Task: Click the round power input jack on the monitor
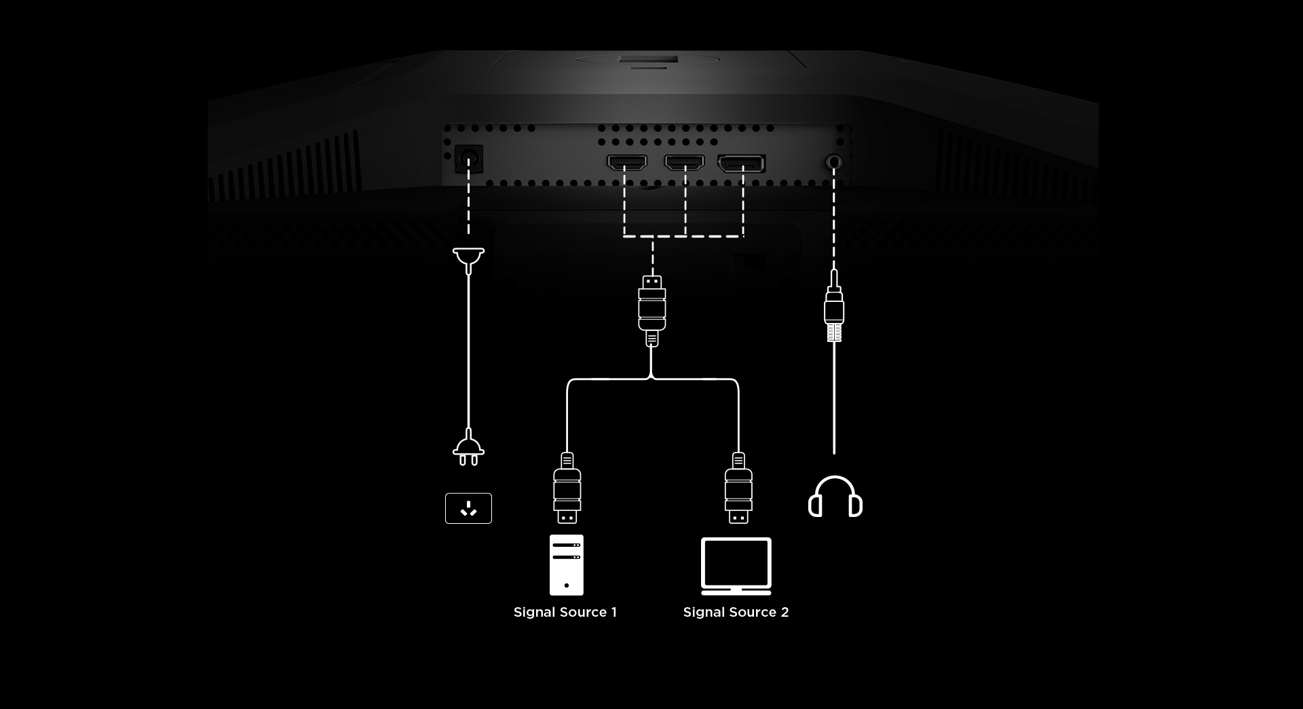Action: click(x=468, y=159)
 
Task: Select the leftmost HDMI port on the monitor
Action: click(x=626, y=163)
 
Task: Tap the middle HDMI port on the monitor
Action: click(x=684, y=163)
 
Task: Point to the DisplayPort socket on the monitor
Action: click(x=742, y=164)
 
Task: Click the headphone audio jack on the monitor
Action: click(x=834, y=162)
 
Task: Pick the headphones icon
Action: click(x=835, y=496)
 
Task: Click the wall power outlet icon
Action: click(x=468, y=508)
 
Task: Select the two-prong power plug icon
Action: click(x=468, y=448)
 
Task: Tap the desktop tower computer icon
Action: click(x=567, y=564)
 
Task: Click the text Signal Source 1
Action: click(x=565, y=612)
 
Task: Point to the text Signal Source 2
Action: click(x=736, y=612)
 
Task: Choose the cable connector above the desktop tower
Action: click(x=567, y=488)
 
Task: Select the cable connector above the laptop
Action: click(x=738, y=488)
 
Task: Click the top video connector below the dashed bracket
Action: click(x=652, y=311)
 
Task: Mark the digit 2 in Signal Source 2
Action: click(x=785, y=612)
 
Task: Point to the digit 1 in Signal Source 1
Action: click(x=614, y=612)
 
